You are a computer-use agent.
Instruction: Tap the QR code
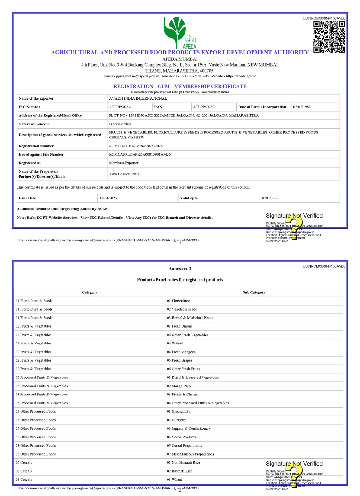coord(329,36)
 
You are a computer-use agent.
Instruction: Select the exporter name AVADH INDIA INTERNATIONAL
coord(138,98)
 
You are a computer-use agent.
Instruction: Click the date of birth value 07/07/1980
coord(301,107)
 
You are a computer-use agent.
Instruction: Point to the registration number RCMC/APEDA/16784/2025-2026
coord(135,146)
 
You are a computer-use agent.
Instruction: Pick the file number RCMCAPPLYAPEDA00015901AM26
coord(140,154)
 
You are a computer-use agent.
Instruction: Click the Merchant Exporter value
coord(124,163)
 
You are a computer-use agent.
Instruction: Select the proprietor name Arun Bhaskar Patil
coord(124,174)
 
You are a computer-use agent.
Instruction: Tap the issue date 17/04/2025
coord(108,198)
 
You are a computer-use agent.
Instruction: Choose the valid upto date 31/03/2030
coord(269,198)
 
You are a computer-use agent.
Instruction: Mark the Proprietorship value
coord(120,124)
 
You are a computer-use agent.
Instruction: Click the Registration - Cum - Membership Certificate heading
coord(180,87)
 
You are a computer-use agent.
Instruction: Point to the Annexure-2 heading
coord(180,269)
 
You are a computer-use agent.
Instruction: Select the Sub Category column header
coord(254,292)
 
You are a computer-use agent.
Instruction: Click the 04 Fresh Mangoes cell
coord(181,352)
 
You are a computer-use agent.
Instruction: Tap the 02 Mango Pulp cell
coord(178,386)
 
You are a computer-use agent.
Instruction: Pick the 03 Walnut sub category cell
coord(175,343)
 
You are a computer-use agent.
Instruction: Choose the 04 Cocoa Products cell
coord(181,437)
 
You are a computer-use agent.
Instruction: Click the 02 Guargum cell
coord(177,420)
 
